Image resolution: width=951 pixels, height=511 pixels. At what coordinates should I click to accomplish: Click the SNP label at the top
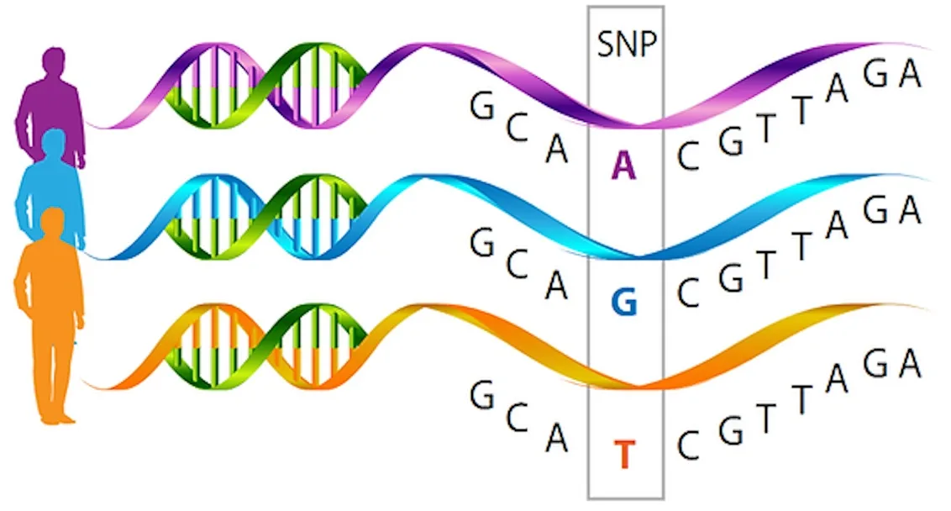click(x=627, y=44)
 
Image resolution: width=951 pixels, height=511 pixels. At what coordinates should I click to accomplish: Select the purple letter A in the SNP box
click(x=624, y=166)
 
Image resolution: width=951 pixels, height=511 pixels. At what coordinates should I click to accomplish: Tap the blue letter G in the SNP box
click(x=624, y=302)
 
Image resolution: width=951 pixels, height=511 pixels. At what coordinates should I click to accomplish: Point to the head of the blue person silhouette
click(x=54, y=143)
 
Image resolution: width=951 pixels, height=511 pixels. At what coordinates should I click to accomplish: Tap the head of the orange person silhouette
click(x=54, y=223)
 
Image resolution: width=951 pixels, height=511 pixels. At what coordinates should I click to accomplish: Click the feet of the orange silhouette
click(x=58, y=418)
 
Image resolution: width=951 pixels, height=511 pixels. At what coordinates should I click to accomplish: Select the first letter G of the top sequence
click(x=482, y=106)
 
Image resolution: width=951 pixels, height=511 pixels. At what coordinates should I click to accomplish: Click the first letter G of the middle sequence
click(x=482, y=243)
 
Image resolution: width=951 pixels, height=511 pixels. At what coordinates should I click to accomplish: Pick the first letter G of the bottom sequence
click(x=482, y=395)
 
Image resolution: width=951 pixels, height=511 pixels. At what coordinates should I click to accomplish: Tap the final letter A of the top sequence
click(x=910, y=73)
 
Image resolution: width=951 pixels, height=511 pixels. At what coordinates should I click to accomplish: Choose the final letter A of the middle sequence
click(x=910, y=210)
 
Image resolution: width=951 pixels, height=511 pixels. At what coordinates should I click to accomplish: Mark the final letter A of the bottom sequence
click(x=910, y=364)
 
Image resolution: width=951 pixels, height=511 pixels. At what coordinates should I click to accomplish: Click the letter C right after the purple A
click(x=689, y=156)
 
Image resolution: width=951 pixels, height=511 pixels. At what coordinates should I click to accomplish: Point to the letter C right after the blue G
click(x=689, y=293)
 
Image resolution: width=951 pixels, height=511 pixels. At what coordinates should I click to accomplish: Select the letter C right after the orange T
click(x=689, y=446)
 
